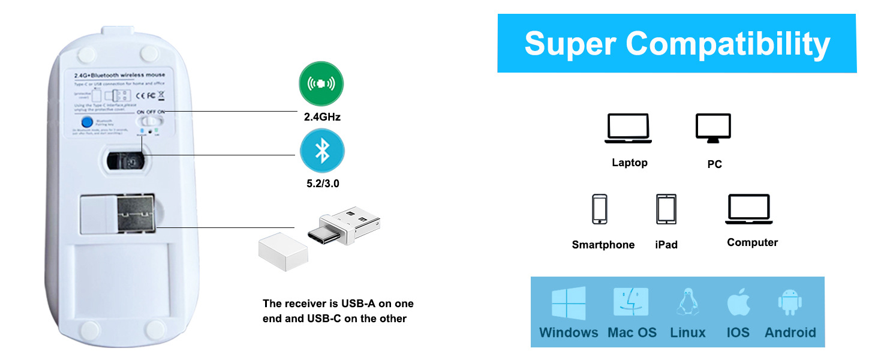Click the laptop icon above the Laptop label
point(628,128)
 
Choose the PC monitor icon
point(713,128)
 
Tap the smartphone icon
point(599,209)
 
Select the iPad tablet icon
point(666,209)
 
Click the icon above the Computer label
point(748,209)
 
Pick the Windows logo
point(569,302)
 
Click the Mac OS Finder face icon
point(631,302)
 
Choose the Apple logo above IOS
point(738,302)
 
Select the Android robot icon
point(790,302)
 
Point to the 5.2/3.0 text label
point(323,184)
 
